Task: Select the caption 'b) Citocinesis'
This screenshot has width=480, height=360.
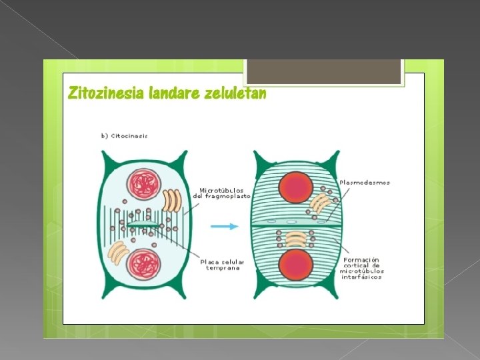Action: [124, 136]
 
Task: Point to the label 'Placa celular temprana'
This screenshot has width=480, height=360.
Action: [223, 265]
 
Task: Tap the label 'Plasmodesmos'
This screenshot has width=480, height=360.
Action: [365, 183]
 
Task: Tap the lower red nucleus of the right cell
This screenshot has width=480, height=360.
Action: [296, 265]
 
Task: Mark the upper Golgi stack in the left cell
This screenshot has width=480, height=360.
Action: [172, 201]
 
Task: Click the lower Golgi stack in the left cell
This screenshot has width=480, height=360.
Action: [118, 252]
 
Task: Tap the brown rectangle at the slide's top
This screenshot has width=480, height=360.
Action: [324, 71]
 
